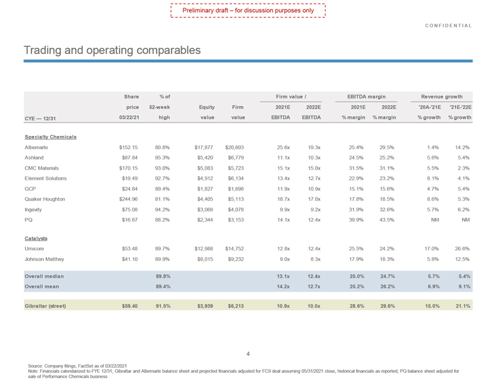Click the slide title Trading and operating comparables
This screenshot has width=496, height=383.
point(112,50)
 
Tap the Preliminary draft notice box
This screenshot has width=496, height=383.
point(249,11)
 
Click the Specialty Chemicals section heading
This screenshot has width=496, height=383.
point(50,137)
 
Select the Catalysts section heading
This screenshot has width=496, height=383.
point(36,238)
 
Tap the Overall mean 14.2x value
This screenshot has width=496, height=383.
point(280,287)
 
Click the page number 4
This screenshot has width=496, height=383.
point(248,354)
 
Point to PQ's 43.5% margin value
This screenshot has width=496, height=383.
point(386,219)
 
